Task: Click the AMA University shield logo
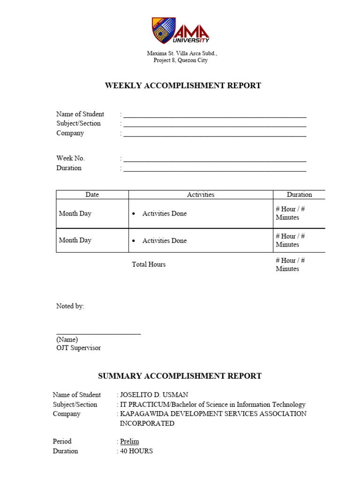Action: click(x=164, y=30)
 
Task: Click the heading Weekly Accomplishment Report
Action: click(x=183, y=86)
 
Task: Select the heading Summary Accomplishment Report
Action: click(x=180, y=376)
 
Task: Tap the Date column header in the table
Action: click(x=92, y=195)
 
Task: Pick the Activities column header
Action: click(x=201, y=195)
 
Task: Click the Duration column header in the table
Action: click(x=299, y=195)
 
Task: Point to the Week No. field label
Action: click(x=71, y=158)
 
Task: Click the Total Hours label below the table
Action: click(x=149, y=264)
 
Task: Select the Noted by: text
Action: click(x=70, y=306)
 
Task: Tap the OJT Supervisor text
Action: click(x=78, y=348)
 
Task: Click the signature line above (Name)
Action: click(x=98, y=333)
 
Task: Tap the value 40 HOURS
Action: click(x=136, y=451)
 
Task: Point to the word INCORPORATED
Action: click(x=147, y=423)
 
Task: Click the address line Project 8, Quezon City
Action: click(x=180, y=60)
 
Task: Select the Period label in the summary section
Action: click(x=62, y=442)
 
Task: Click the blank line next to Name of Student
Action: click(x=215, y=116)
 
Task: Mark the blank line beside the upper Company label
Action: click(x=215, y=135)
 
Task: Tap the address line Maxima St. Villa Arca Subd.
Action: click(x=182, y=53)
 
